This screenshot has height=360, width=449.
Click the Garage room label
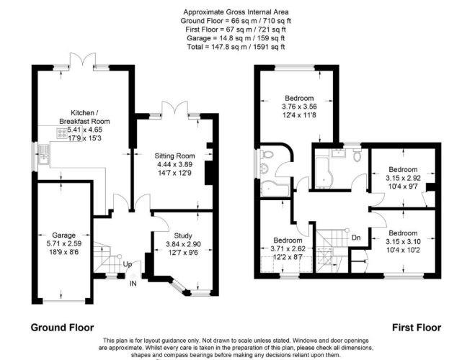pos(63,234)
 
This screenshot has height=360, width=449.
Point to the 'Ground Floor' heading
pos(61,327)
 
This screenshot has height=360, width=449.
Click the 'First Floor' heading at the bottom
pos(415,327)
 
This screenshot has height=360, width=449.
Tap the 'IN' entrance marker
pos(133,283)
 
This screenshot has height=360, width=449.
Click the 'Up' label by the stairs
pos(127,264)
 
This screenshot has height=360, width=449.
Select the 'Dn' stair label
pos(355,237)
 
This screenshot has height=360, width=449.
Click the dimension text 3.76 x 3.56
pos(298,107)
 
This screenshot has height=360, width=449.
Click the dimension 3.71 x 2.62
pos(287,248)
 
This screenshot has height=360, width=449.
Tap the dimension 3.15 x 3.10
pos(401,242)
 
